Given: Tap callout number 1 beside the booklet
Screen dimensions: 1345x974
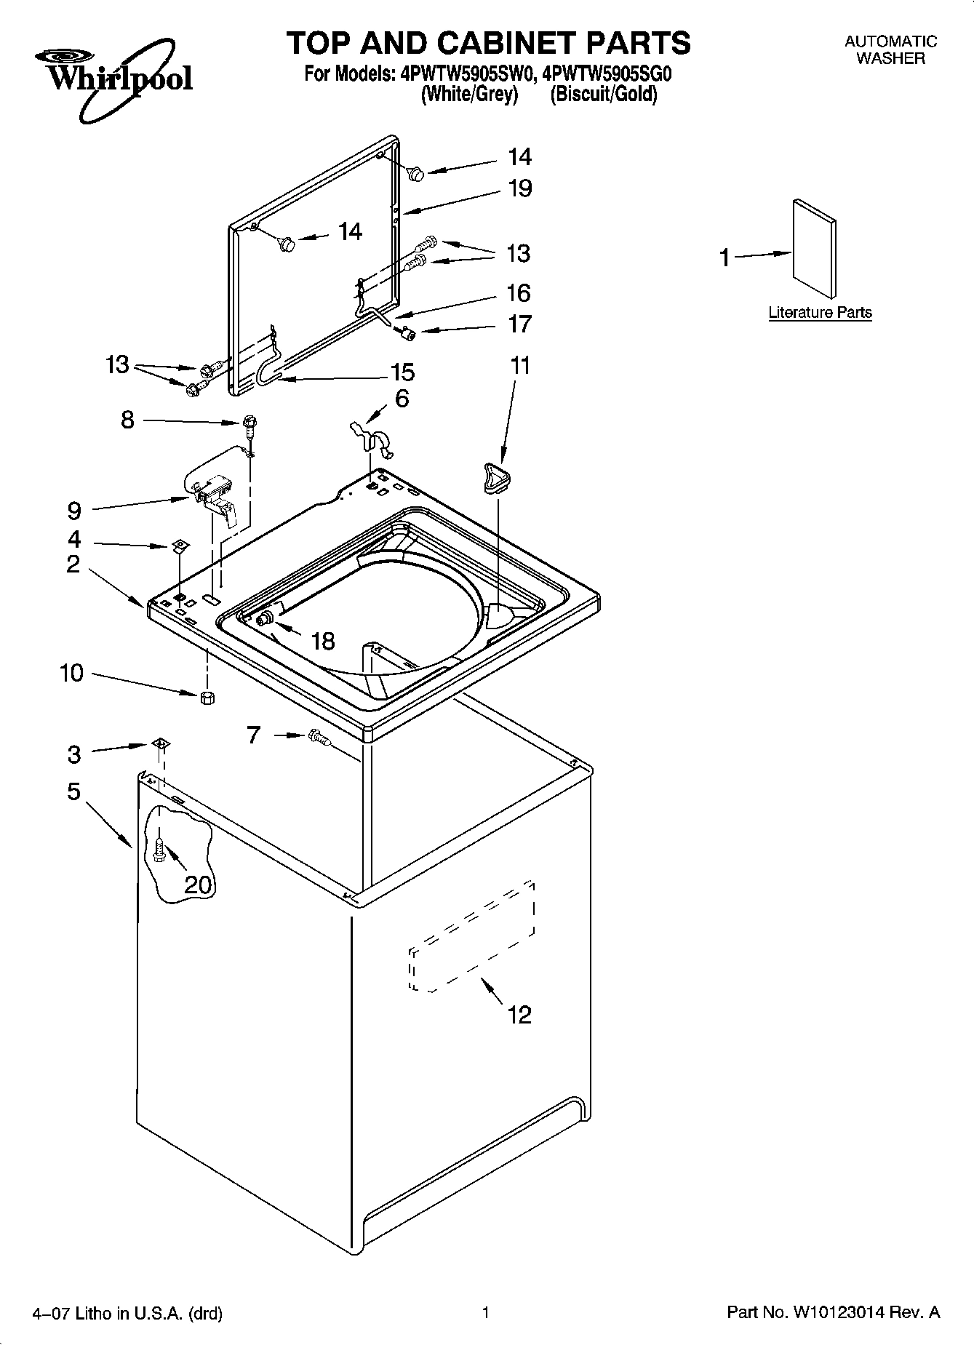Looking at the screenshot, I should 724,258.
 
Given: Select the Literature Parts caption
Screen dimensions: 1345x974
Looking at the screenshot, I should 820,313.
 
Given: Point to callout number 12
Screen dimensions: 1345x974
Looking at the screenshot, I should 519,1014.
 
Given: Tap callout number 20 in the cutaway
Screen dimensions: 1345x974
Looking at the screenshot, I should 197,885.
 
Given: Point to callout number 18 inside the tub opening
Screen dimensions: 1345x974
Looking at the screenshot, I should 322,641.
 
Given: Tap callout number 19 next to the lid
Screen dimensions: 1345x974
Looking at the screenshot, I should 519,188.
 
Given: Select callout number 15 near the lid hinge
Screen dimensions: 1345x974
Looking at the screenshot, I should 402,372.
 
